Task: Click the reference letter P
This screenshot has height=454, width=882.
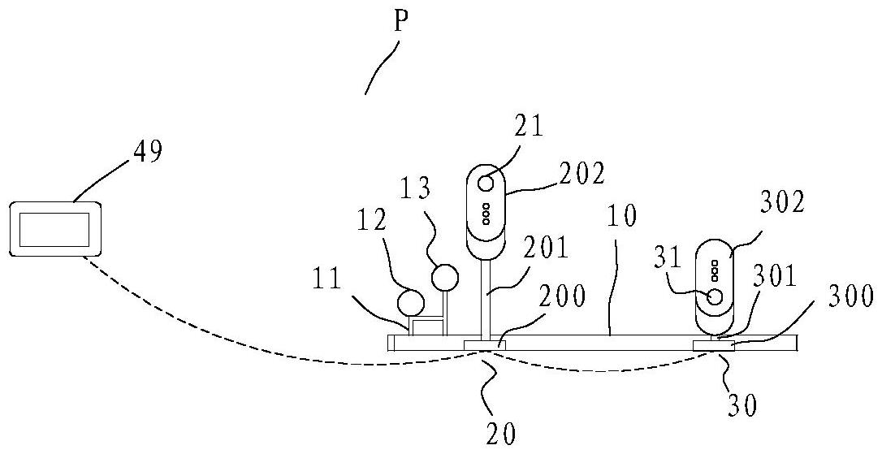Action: (x=400, y=22)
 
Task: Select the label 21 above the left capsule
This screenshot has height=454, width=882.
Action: (x=527, y=127)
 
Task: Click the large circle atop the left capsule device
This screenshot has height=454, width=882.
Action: (x=486, y=182)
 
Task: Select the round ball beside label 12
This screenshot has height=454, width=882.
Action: (x=411, y=303)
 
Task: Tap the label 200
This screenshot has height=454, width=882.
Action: (x=560, y=297)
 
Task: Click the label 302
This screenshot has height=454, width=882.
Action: (x=784, y=204)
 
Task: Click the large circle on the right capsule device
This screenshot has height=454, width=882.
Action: (x=715, y=296)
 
